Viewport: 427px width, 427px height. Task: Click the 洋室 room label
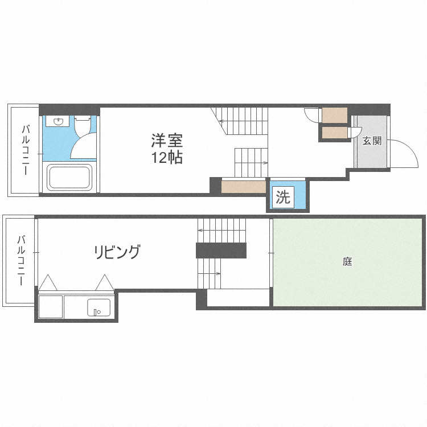coord(167,140)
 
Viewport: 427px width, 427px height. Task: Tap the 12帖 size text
coord(167,158)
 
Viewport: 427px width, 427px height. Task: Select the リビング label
coord(117,251)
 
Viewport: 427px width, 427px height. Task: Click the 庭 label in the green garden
coord(348,262)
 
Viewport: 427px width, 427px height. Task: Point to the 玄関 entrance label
coord(372,141)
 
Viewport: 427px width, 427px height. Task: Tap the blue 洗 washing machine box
coord(283,197)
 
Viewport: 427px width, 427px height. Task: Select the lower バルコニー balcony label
coord(21,260)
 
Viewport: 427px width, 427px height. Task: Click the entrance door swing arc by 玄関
coord(405,153)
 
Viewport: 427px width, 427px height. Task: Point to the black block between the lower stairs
coord(221,250)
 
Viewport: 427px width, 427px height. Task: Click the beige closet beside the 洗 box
coord(243,186)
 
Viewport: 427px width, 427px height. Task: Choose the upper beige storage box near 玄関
coord(334,114)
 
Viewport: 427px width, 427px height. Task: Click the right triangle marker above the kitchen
coord(105,282)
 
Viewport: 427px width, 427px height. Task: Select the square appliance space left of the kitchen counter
coord(50,307)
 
